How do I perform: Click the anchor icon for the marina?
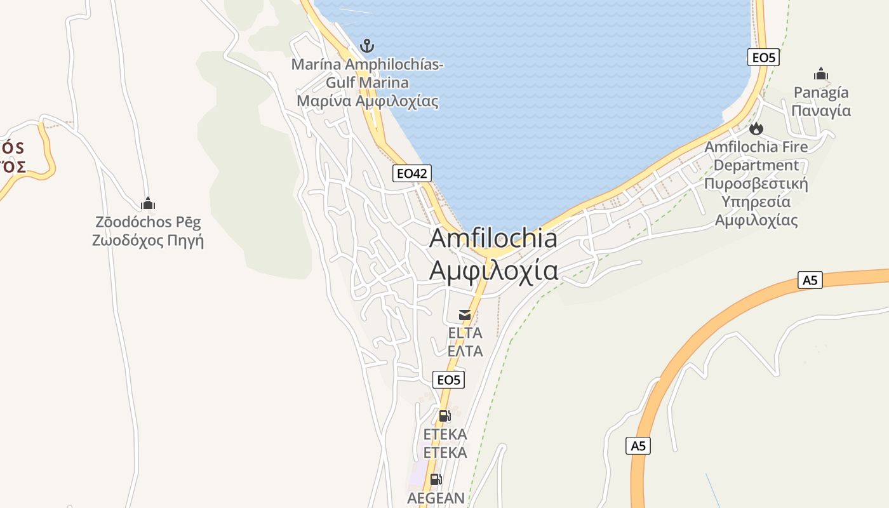(367, 46)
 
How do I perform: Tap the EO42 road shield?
(412, 173)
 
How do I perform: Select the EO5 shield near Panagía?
(763, 58)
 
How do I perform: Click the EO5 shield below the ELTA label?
(448, 380)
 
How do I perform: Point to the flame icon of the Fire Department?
(756, 129)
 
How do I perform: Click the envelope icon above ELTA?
(465, 315)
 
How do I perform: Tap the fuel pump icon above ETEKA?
(444, 416)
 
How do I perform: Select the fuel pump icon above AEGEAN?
(436, 479)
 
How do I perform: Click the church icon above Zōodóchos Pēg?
(148, 204)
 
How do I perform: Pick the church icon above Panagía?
(821, 74)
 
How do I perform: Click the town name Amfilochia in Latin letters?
(493, 238)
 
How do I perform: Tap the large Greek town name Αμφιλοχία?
(493, 271)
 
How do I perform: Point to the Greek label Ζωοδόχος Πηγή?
(148, 241)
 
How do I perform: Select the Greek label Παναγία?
(821, 110)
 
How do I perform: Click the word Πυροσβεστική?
(756, 184)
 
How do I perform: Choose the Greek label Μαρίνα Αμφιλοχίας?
(368, 101)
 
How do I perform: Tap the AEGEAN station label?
(436, 498)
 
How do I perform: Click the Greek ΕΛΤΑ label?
(465, 351)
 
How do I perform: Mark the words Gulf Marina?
(368, 83)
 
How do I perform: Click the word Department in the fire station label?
(756, 165)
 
